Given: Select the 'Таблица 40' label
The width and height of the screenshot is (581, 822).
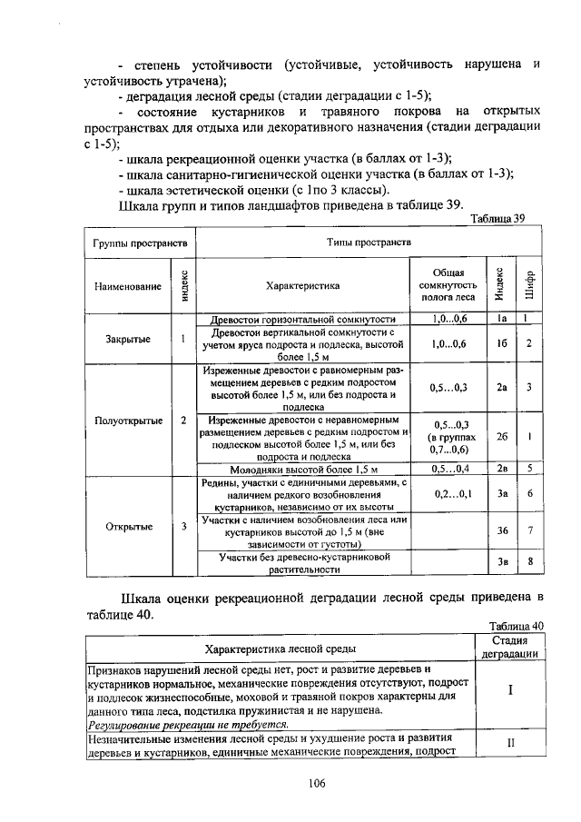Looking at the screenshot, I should click(515, 626).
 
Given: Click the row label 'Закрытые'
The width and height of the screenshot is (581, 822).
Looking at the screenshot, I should click(127, 339).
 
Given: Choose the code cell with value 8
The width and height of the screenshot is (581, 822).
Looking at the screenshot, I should click(529, 562).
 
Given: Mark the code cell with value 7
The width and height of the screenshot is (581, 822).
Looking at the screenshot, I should click(529, 530).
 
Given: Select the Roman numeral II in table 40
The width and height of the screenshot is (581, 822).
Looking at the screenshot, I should click(510, 743).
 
